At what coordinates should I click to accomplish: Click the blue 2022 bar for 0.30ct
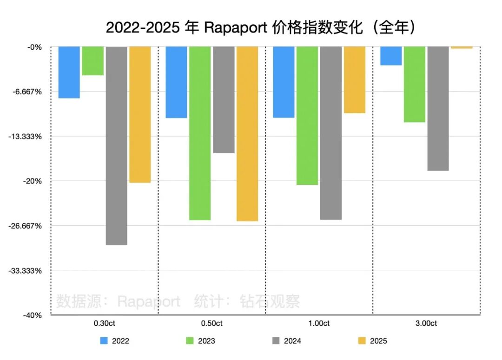[x=69, y=72]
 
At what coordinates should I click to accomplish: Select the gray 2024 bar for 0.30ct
[x=117, y=145]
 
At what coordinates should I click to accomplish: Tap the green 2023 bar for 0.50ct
[x=200, y=133]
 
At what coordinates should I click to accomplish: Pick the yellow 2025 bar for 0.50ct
[x=247, y=133]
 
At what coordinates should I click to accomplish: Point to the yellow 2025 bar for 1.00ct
[x=355, y=79]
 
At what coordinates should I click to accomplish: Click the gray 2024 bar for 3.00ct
[x=438, y=108]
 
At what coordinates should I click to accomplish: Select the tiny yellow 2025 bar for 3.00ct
[x=462, y=47]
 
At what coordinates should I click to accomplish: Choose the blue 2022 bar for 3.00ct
[x=390, y=56]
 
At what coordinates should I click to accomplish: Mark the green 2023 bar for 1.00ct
[x=307, y=115]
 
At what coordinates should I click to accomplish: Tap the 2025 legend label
[x=378, y=341]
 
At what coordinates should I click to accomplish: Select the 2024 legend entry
[x=286, y=341]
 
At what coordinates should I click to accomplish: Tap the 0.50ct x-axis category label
[x=211, y=323]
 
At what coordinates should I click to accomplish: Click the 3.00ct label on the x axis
[x=426, y=323]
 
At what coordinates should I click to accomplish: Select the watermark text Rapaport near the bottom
[x=149, y=301]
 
